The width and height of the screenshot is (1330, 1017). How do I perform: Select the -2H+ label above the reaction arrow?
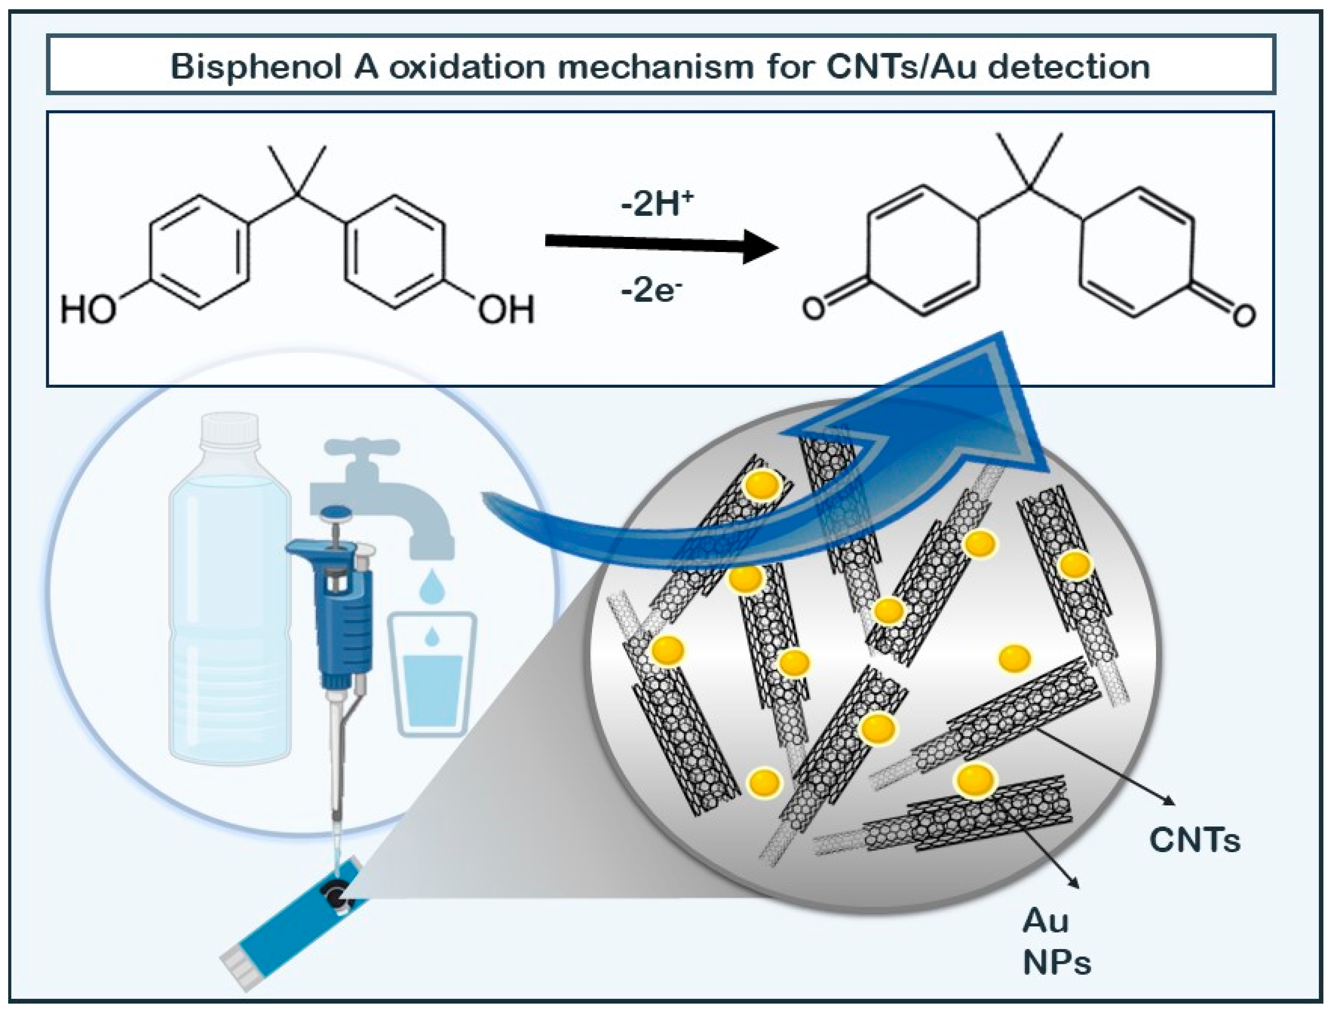[657, 205]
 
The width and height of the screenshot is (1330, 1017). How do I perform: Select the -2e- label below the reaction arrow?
[651, 292]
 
